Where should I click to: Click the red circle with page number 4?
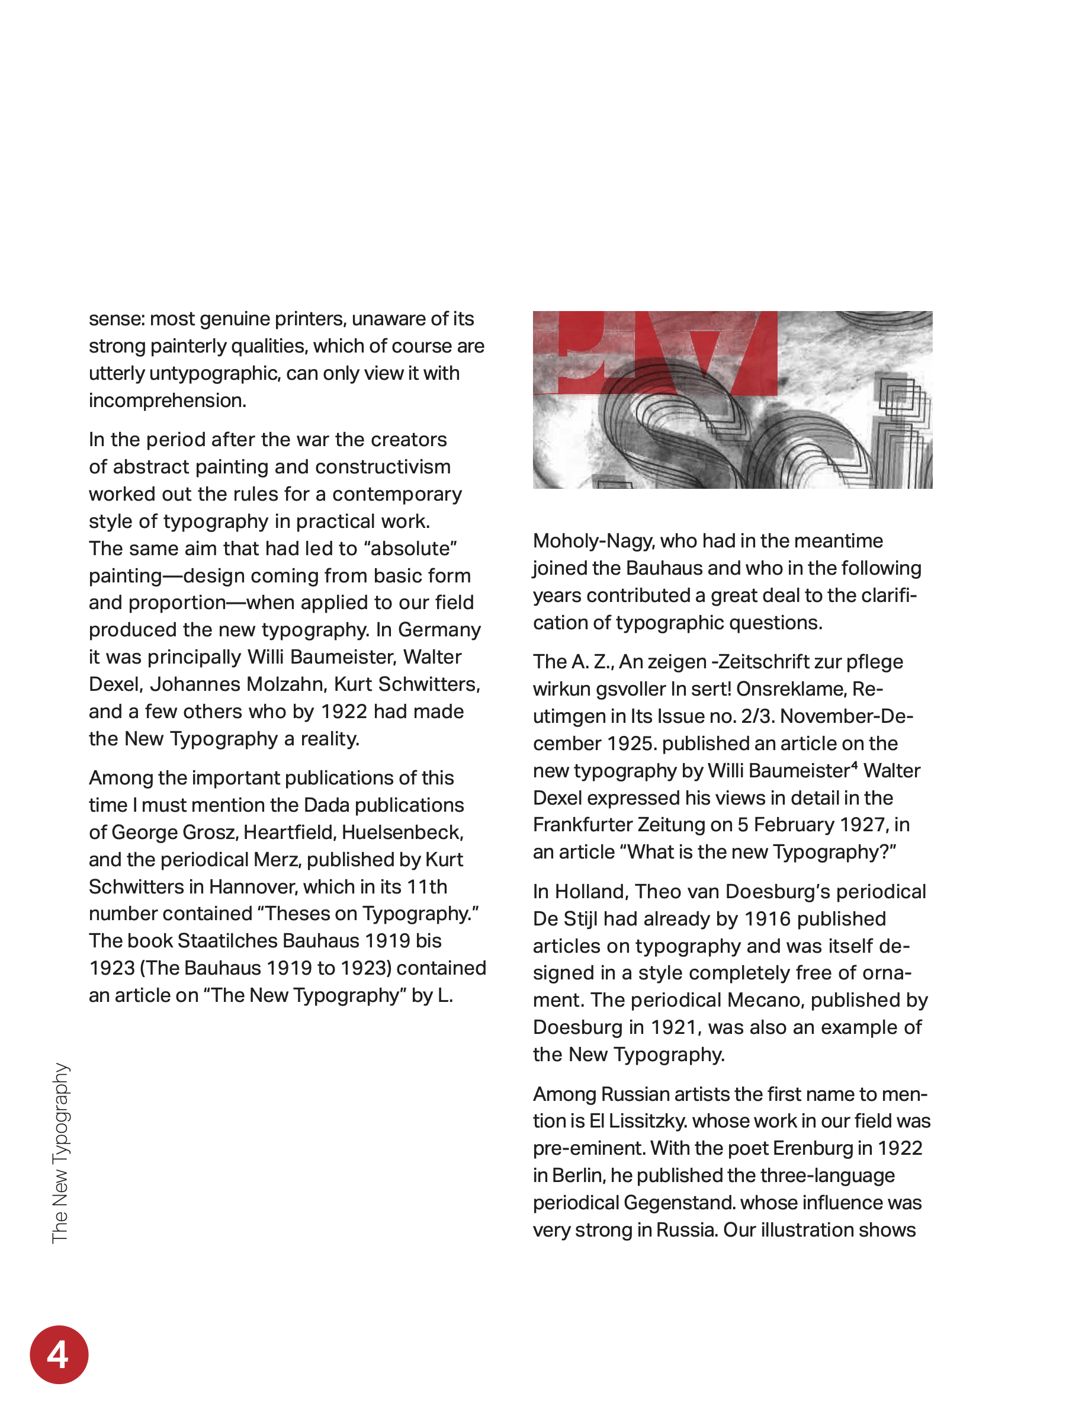click(59, 1354)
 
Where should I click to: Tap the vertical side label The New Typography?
click(60, 1152)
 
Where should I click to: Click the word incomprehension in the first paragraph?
click(167, 401)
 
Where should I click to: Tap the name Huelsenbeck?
click(402, 832)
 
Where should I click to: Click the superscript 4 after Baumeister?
click(854, 765)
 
